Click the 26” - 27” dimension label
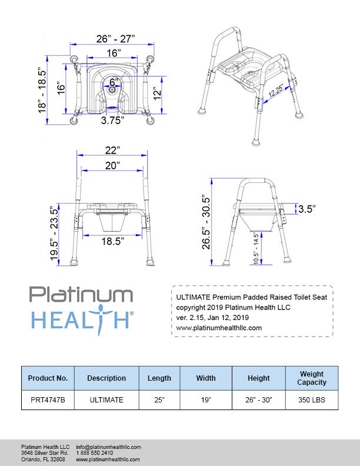(115, 39)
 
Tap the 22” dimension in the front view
(113, 150)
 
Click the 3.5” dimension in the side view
(306, 208)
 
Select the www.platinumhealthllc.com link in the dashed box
(219, 328)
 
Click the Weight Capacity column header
(312, 378)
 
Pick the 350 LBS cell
(312, 400)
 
